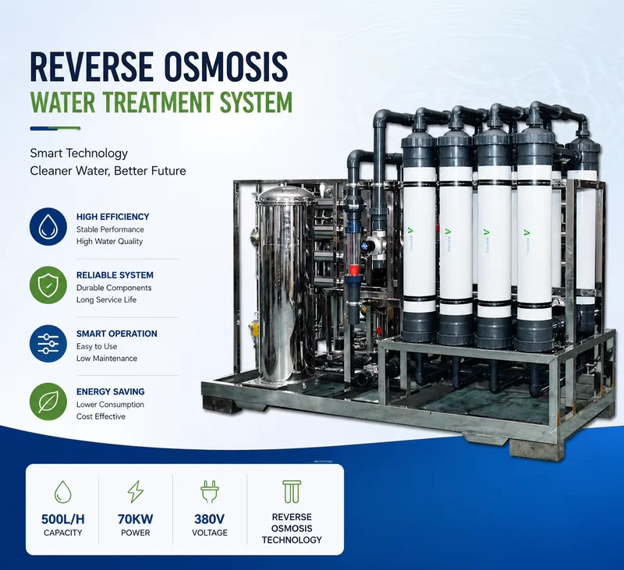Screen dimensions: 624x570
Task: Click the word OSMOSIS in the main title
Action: point(225,66)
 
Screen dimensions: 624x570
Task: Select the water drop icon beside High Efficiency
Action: point(48,226)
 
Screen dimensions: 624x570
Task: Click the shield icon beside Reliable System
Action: point(48,285)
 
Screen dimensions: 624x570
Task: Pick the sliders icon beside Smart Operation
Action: point(48,343)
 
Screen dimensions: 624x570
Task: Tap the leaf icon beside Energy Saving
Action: point(48,402)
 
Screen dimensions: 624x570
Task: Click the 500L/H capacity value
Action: point(63,519)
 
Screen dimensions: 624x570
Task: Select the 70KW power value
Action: point(135,519)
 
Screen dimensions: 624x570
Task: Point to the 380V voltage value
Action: point(209,519)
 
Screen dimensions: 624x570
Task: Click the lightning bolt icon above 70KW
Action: point(135,492)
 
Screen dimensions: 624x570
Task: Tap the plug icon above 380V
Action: point(209,492)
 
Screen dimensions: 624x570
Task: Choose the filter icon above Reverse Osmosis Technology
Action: point(292,492)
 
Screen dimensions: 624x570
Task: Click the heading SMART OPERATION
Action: point(116,334)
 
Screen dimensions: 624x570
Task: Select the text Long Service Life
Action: point(106,299)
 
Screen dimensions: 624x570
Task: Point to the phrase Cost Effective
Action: point(101,416)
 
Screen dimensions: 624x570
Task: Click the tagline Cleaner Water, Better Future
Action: point(108,171)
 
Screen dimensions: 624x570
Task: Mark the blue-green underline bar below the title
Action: point(55,129)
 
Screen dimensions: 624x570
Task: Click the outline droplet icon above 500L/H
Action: point(63,492)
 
